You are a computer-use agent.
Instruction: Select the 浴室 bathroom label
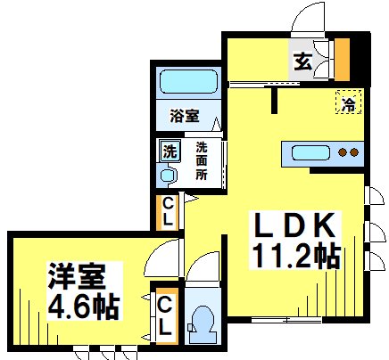coord(185,116)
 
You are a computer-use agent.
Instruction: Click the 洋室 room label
coord(67,273)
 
